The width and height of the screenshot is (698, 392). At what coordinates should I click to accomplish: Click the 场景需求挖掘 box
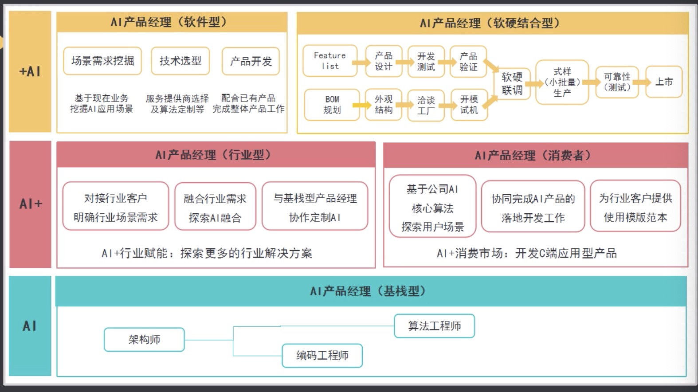tap(102, 61)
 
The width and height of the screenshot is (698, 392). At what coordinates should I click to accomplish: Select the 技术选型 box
tap(180, 61)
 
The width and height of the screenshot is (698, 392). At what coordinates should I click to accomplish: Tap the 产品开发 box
tap(251, 61)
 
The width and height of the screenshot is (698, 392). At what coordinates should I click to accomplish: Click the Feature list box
tap(329, 61)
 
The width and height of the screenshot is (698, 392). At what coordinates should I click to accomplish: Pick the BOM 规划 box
tap(332, 105)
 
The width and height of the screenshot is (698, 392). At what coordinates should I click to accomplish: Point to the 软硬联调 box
tap(512, 83)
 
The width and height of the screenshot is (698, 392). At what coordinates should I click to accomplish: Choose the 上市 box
tap(663, 82)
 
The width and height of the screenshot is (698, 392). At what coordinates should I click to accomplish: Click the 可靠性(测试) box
tap(617, 82)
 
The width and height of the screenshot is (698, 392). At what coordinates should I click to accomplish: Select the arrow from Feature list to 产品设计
tap(361, 62)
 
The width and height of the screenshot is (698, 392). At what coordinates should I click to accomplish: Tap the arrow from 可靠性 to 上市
tap(641, 82)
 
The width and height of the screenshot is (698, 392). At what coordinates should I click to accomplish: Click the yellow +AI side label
tap(30, 71)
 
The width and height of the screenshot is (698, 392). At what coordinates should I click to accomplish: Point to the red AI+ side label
tap(30, 204)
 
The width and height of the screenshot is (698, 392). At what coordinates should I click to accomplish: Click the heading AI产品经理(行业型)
tap(216, 155)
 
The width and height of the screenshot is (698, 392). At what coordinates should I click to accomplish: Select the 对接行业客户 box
tap(116, 206)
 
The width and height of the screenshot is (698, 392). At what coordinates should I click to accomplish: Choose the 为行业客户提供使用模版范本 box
tap(635, 207)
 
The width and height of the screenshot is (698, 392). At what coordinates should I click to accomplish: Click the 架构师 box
tap(144, 340)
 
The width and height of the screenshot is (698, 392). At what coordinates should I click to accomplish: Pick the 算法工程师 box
tap(434, 326)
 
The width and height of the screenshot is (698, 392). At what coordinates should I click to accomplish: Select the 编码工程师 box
tap(322, 356)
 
